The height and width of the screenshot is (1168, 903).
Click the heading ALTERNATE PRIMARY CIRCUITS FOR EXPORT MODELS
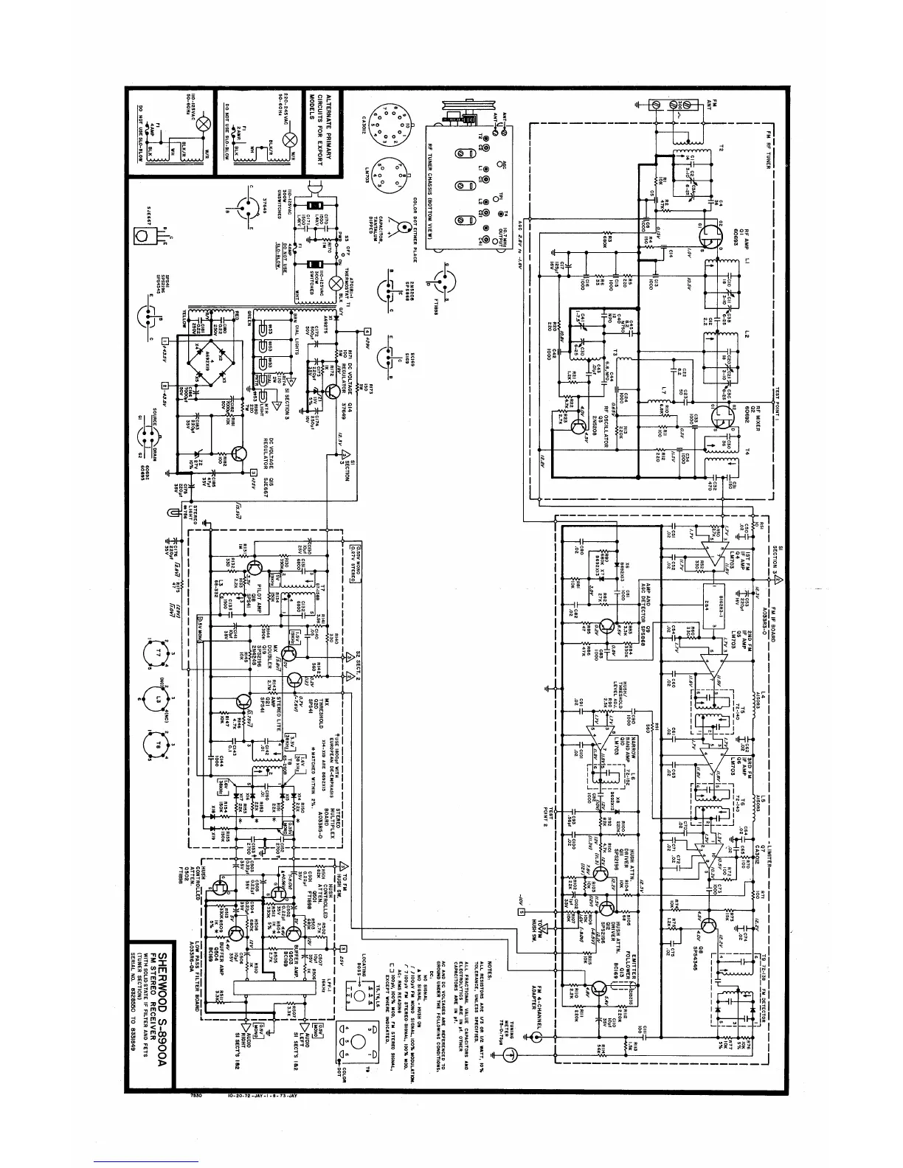pyautogui.click(x=333, y=136)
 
